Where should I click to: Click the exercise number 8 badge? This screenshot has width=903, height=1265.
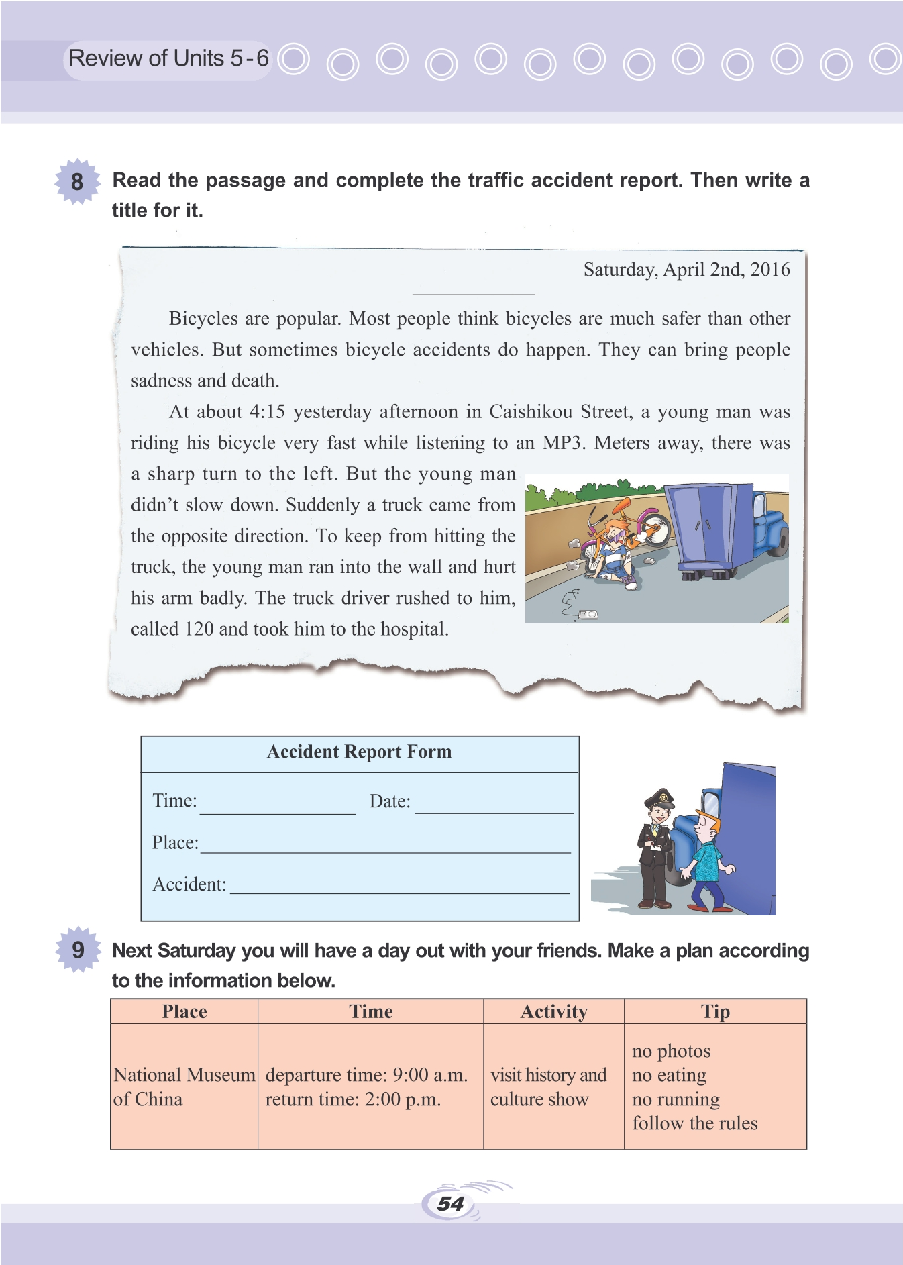[77, 181]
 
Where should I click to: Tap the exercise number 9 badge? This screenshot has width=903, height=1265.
[78, 950]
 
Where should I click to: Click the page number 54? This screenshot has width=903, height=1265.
[450, 1203]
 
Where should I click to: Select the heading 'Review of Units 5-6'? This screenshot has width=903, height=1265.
[168, 59]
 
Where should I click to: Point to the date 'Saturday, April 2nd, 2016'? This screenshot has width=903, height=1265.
[686, 270]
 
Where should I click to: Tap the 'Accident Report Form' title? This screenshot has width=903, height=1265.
[359, 752]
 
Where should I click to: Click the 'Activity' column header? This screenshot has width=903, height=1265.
[553, 1011]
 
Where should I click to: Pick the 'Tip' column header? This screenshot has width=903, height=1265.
[715, 1011]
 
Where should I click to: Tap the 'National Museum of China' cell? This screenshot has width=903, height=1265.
[184, 1086]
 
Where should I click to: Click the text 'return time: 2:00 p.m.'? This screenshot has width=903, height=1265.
[353, 1099]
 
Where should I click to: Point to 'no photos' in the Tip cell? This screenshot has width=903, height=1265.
[671, 1051]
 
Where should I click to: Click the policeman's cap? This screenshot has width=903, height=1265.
[659, 798]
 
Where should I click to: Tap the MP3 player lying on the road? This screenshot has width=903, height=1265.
[588, 614]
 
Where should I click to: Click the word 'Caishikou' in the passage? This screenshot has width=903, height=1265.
[531, 411]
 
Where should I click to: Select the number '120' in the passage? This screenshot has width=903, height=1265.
[199, 629]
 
